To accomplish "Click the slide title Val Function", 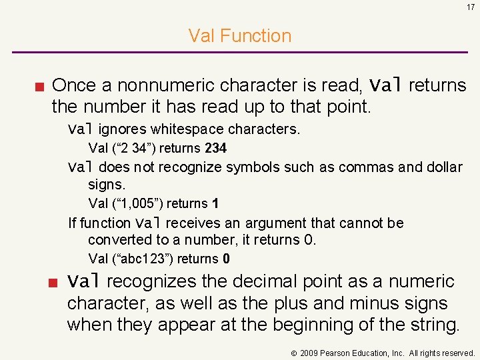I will pyautogui.click(x=240, y=35).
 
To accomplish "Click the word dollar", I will pyautogui.click(x=443, y=167).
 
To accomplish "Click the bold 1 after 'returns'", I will pyautogui.click(x=215, y=203).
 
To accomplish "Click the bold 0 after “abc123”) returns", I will pyautogui.click(x=227, y=259).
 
